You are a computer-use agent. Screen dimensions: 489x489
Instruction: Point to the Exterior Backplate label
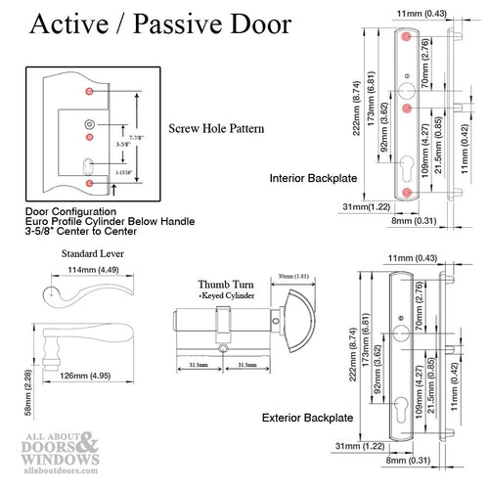click(315, 418)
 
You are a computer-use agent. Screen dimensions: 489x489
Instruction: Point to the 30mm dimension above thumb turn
click(294, 277)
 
